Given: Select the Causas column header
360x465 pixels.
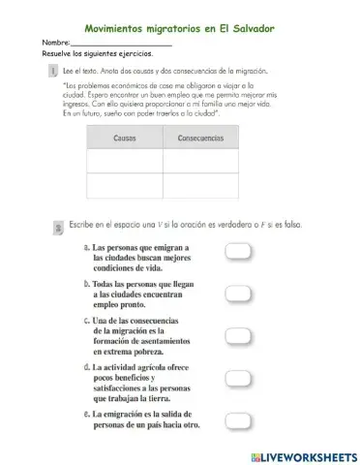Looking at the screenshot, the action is pyautogui.click(x=125, y=138).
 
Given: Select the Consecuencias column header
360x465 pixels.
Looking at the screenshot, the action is pyautogui.click(x=200, y=138).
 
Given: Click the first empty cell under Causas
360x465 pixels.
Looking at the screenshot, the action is pyautogui.click(x=125, y=161).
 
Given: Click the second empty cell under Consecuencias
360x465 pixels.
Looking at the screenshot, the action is pyautogui.click(x=200, y=185).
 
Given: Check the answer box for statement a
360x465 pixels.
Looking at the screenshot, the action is pyautogui.click(x=238, y=252).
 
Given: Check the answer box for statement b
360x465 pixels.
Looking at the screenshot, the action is pyautogui.click(x=238, y=293).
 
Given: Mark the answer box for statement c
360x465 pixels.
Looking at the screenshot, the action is pyautogui.click(x=238, y=335).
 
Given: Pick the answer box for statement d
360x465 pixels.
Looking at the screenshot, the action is pyautogui.click(x=238, y=380).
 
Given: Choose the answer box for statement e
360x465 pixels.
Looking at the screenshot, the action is pyautogui.click(x=238, y=419).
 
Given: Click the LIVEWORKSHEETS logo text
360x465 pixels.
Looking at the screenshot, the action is pyautogui.click(x=303, y=454).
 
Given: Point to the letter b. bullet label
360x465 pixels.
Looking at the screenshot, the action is pyautogui.click(x=87, y=283).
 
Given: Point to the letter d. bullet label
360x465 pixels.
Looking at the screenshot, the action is pyautogui.click(x=87, y=368).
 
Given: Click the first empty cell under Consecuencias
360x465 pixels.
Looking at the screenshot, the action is pyautogui.click(x=200, y=161).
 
